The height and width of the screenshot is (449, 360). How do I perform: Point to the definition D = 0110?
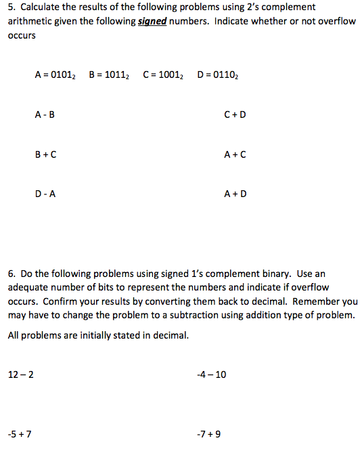(217, 74)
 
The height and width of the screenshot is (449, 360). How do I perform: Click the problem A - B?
(45, 114)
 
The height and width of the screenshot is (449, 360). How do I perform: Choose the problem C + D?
(235, 114)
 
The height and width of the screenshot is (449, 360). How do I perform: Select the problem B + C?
(45, 154)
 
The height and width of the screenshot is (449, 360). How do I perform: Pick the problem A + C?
(235, 154)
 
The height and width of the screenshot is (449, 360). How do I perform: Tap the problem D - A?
(45, 194)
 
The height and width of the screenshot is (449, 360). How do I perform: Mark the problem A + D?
(235, 194)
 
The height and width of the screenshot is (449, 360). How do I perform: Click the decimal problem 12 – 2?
(20, 375)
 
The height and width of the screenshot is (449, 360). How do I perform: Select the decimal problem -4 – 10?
(211, 375)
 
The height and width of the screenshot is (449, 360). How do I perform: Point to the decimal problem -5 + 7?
(20, 433)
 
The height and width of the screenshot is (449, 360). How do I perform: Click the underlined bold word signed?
(152, 21)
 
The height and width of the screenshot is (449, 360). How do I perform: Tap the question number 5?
(11, 7)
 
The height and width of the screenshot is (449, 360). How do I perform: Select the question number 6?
(12, 274)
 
